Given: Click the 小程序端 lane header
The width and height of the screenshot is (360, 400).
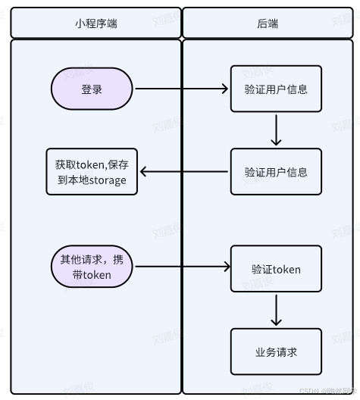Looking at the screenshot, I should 95,23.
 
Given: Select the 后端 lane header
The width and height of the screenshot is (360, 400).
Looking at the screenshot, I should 268,23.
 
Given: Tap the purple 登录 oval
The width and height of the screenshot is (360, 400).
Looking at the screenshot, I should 92,89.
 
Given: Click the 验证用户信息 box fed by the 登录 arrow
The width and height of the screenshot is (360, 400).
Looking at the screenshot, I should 276,89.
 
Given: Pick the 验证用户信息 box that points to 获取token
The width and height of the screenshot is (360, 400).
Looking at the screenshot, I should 276,172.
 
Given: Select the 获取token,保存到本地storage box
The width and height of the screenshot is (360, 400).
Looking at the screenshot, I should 92,172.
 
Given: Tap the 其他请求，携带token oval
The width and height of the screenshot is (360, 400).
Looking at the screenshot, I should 92,267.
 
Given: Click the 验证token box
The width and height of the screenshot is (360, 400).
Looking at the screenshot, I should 276,269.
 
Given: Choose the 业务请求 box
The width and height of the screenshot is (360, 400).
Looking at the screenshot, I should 276,352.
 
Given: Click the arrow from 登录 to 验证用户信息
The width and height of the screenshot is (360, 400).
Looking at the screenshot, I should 182,89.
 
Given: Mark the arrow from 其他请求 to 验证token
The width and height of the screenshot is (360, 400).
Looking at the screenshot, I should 182,267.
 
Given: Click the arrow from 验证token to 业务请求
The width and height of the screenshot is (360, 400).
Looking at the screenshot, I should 276,310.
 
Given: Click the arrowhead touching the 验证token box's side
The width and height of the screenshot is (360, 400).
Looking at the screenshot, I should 226,267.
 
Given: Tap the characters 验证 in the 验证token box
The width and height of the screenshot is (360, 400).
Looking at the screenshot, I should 261,269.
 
